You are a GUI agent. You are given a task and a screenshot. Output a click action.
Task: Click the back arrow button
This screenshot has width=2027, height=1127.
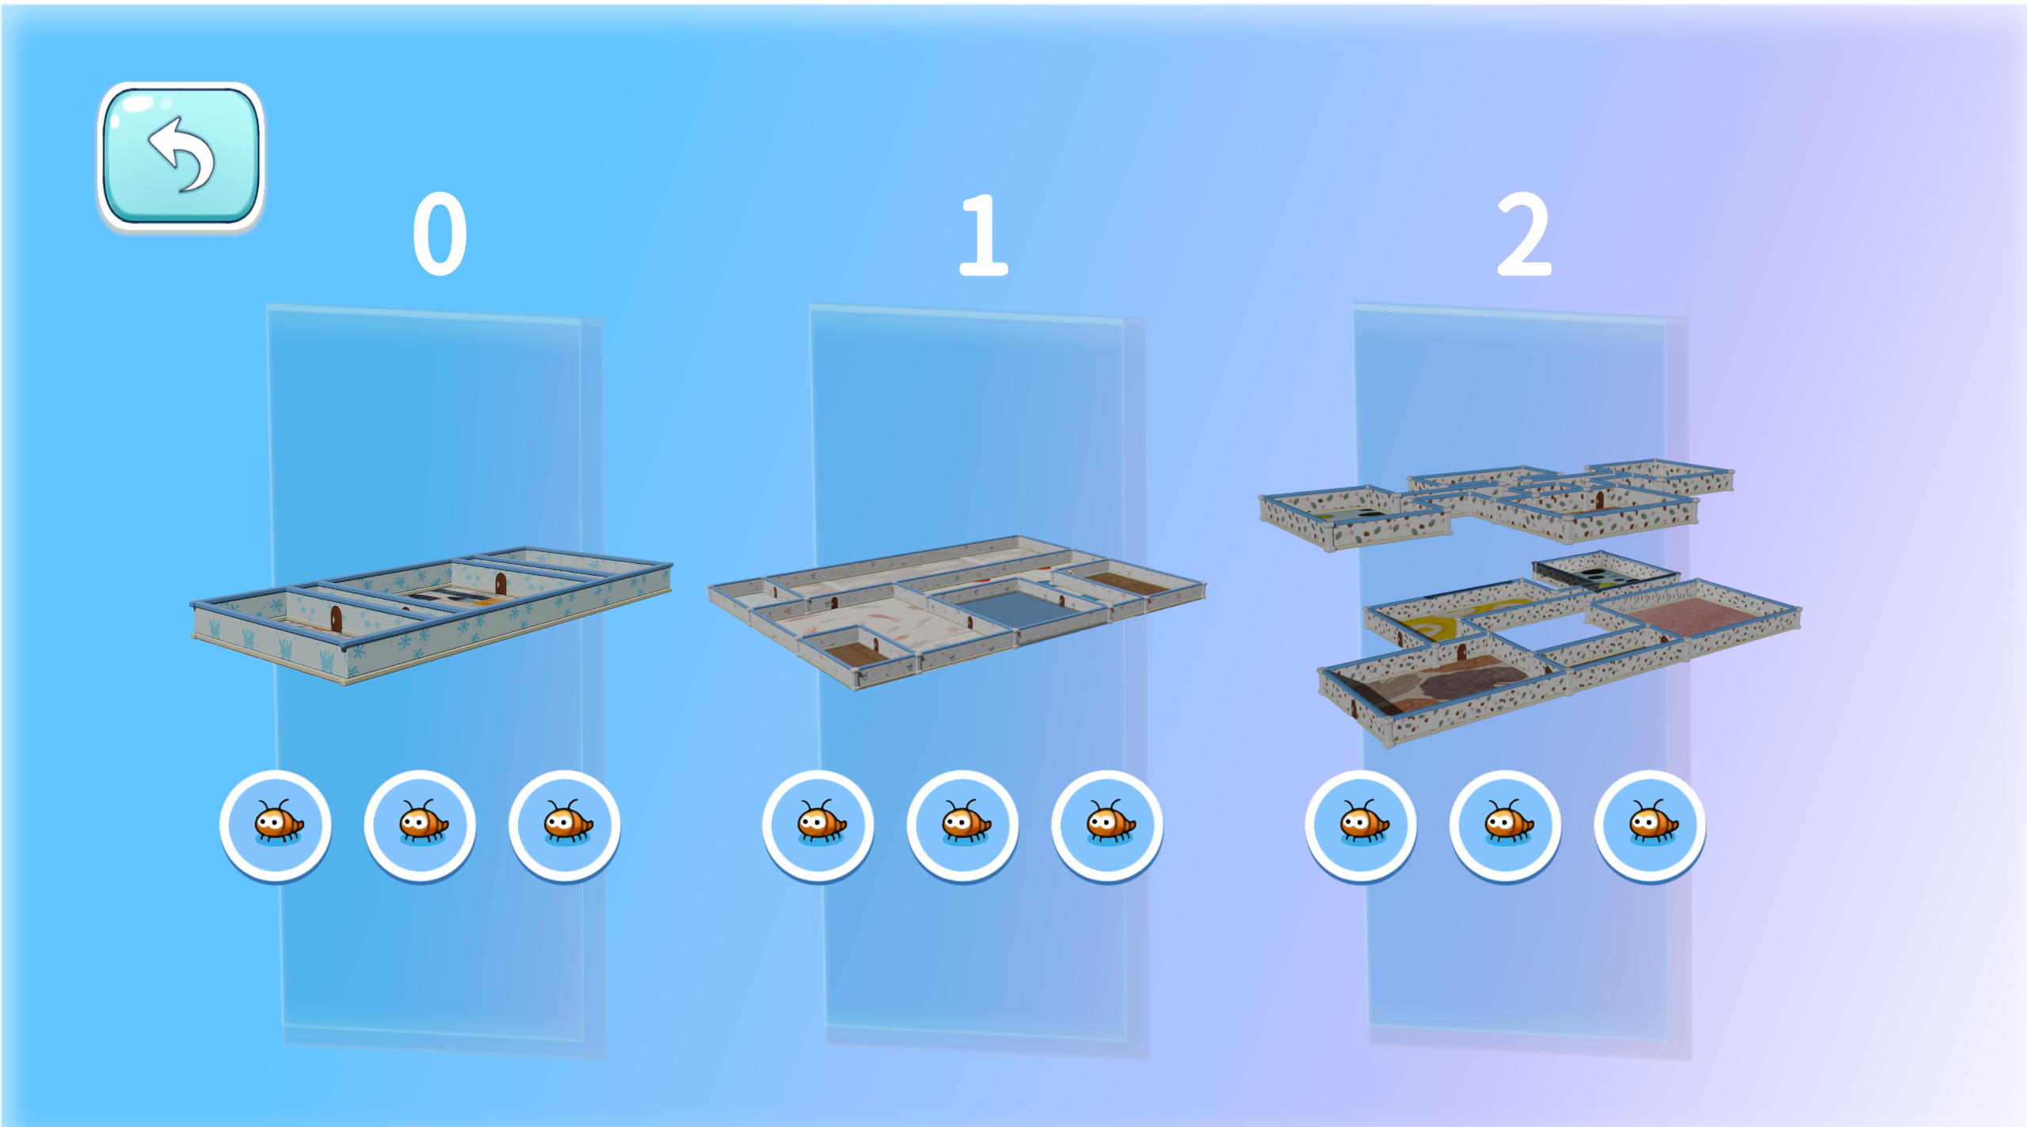[181, 156]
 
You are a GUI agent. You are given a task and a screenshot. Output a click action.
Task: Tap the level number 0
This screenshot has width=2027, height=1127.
[440, 234]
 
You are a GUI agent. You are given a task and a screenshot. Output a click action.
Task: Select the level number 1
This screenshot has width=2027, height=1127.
[982, 234]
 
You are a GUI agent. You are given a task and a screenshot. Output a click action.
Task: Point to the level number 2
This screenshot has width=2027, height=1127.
[1524, 234]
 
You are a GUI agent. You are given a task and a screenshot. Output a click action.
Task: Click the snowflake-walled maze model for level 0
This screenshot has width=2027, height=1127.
[432, 615]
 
